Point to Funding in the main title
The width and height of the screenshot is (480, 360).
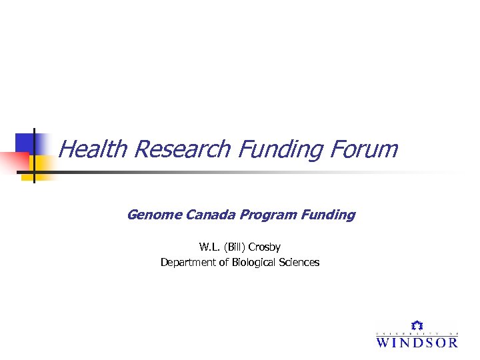(x=279, y=149)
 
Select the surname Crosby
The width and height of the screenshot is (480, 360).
(x=265, y=247)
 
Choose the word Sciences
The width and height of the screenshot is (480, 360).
(x=299, y=263)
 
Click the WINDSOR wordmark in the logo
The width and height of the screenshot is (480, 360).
(x=417, y=342)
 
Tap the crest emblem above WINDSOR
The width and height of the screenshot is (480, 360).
(x=417, y=326)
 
